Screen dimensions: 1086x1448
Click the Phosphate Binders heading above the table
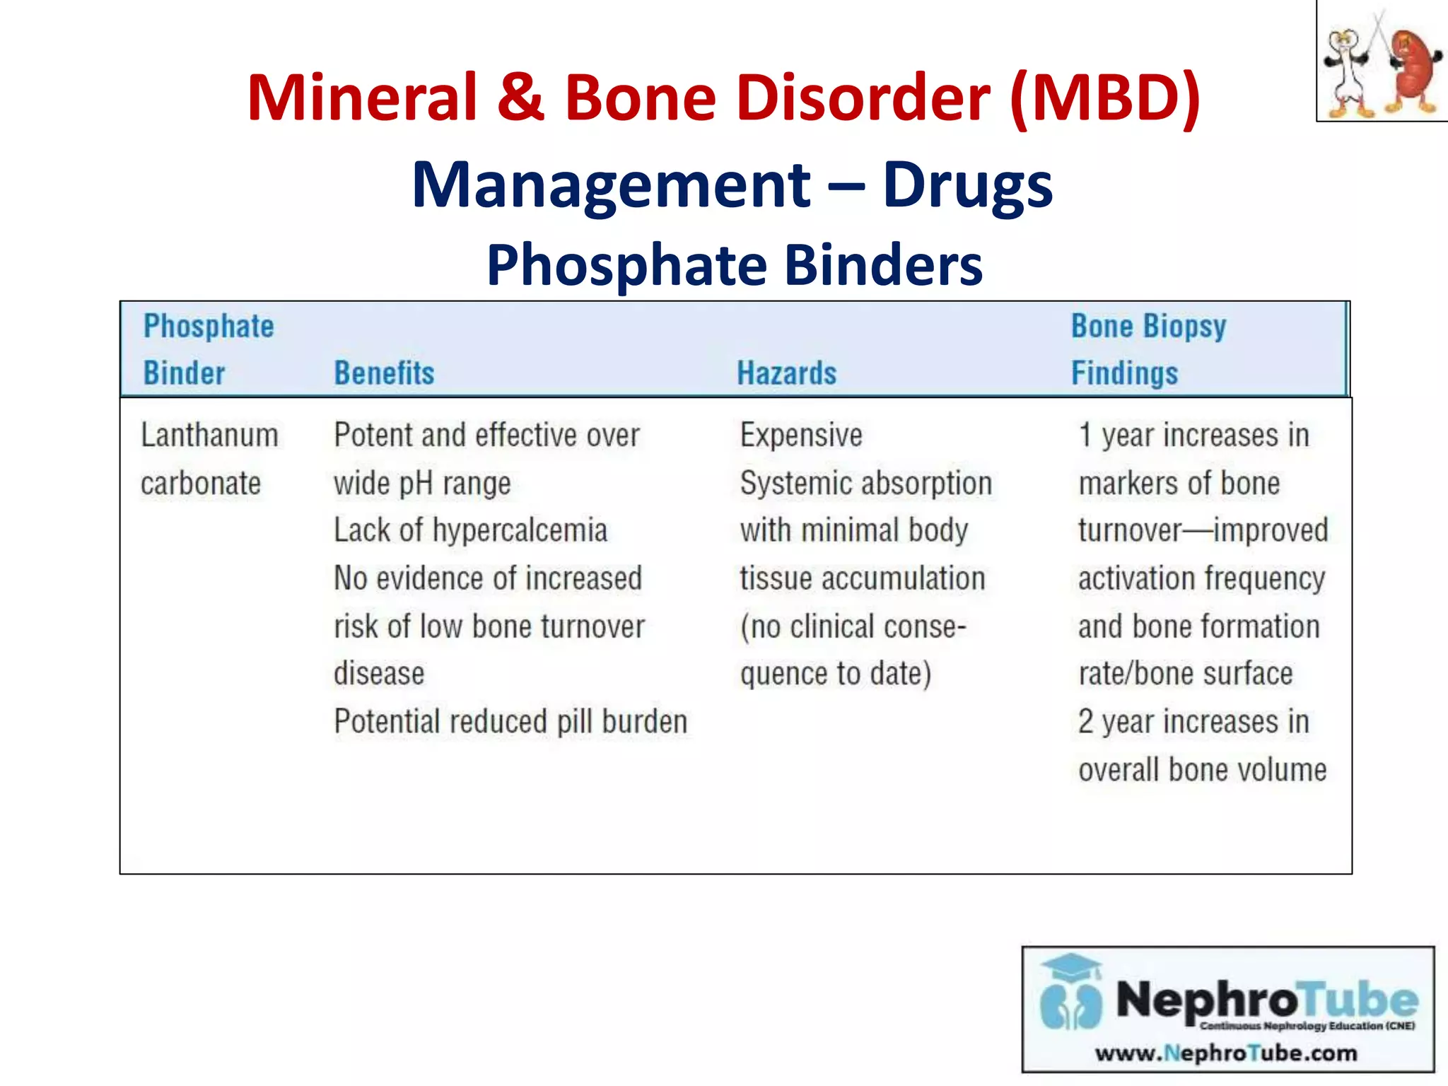(734, 264)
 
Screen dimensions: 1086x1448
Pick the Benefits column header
(384, 373)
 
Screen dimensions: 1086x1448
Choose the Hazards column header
(786, 373)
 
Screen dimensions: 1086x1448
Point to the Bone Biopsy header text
(1148, 327)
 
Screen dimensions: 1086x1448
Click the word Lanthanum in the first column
(209, 435)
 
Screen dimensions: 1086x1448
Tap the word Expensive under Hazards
(800, 435)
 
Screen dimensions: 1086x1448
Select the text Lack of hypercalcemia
(470, 530)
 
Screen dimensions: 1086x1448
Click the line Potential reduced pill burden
(510, 722)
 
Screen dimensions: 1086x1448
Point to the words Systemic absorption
(865, 484)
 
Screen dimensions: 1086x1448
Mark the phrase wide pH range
(422, 484)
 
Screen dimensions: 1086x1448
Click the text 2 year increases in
(1193, 722)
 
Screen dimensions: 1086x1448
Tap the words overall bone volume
(1202, 770)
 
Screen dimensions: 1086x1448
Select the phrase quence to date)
(835, 674)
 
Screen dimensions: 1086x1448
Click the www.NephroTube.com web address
(1226, 1053)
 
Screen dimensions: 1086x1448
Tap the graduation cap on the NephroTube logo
(1072, 967)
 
